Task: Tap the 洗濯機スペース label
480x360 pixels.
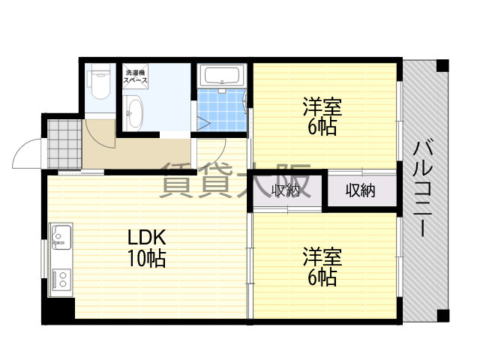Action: coord(135,76)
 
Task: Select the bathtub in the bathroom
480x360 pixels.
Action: coord(222,75)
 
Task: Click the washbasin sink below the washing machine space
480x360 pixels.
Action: coord(133,112)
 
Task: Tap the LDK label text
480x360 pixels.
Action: coord(147,238)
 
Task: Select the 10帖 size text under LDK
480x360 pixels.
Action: coord(147,259)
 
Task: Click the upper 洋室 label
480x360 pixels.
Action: coord(322,106)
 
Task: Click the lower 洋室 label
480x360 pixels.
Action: coord(322,256)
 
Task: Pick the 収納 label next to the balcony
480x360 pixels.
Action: coord(360,190)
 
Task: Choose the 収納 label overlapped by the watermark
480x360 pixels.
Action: coord(286,190)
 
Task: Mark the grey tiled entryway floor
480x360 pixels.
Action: coord(64,144)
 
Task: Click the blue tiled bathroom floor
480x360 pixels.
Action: coord(222,110)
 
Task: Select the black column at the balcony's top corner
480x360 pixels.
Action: coord(442,65)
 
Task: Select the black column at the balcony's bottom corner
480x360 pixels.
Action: coord(443,316)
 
